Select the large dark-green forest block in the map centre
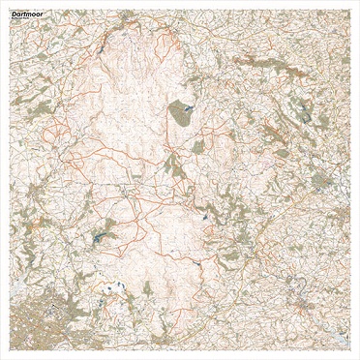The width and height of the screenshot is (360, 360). [x=180, y=115]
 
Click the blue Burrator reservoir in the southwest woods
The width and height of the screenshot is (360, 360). [x=99, y=235]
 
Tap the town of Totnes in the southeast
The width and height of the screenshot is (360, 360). [x=306, y=308]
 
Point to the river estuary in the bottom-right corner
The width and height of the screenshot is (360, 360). [x=334, y=334]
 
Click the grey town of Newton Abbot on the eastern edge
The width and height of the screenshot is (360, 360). [x=339, y=218]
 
